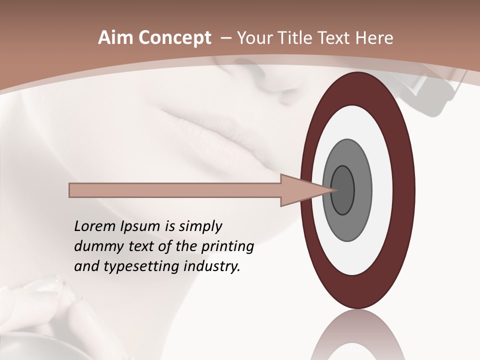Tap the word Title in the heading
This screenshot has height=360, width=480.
coord(295,38)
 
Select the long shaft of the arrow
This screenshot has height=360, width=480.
coord(175,190)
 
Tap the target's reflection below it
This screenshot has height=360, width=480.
coord(357,335)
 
